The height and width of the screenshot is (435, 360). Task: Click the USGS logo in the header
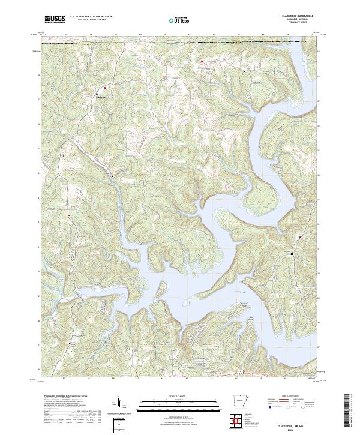tap(55, 20)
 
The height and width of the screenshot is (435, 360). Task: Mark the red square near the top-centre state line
tap(202, 61)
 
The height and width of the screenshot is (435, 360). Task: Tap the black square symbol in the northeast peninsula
tap(244, 70)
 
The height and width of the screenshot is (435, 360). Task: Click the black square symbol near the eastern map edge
tap(292, 254)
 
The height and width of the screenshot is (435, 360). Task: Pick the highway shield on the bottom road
tap(239, 373)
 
